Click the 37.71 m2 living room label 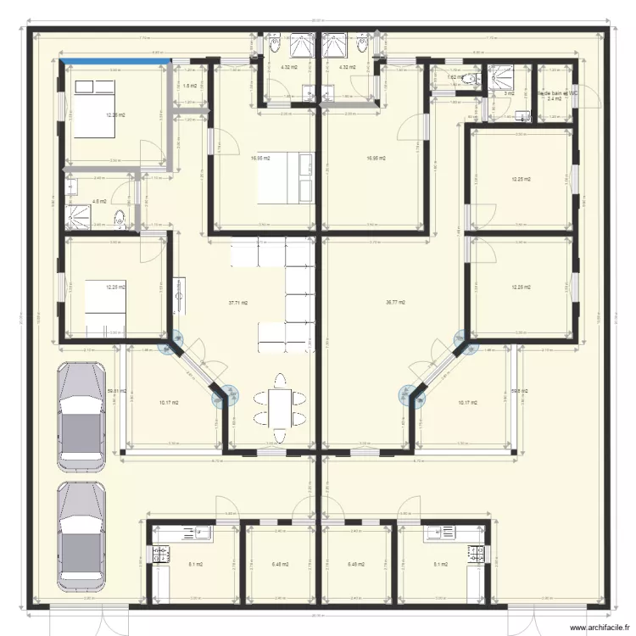tap(237, 302)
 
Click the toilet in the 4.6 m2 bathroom tap(122, 218)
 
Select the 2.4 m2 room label tap(554, 99)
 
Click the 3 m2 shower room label tap(509, 94)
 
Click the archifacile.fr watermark tap(599, 627)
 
